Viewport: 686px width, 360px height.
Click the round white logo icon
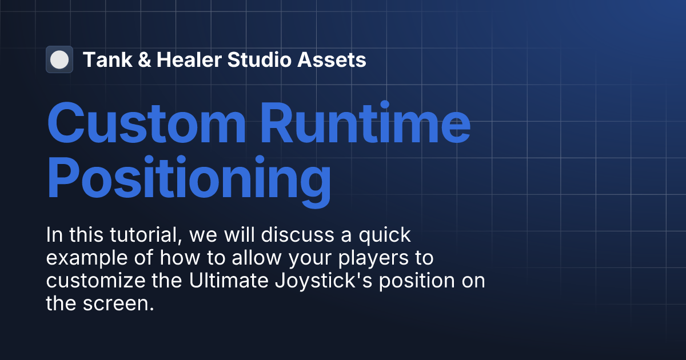pyautogui.click(x=59, y=59)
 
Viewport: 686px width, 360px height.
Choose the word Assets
pyautogui.click(x=333, y=59)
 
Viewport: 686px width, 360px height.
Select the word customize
pyautogui.click(x=97, y=281)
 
